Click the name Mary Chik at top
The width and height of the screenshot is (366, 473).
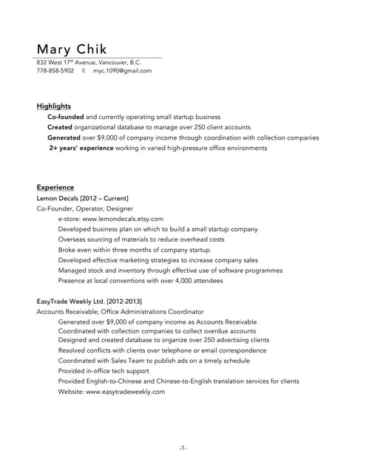[x=72, y=49]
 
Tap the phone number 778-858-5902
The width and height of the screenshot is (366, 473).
[x=55, y=71]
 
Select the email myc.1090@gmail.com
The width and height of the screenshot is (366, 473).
[x=122, y=71]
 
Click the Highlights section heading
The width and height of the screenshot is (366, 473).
[x=54, y=106]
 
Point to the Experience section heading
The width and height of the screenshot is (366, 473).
[x=55, y=188]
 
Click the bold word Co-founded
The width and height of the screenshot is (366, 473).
[x=66, y=117]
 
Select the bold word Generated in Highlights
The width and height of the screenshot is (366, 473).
[x=65, y=137]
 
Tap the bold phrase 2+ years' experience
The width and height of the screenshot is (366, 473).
[x=81, y=148]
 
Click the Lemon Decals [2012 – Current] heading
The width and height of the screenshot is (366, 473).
[x=82, y=199]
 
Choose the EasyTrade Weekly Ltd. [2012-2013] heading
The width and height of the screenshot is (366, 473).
[x=89, y=302]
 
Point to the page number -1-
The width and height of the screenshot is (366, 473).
[x=183, y=448]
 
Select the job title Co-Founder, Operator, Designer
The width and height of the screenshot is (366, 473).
[x=82, y=209]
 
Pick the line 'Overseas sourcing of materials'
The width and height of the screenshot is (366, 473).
[x=140, y=240]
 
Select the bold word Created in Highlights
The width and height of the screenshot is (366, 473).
[x=60, y=127]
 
